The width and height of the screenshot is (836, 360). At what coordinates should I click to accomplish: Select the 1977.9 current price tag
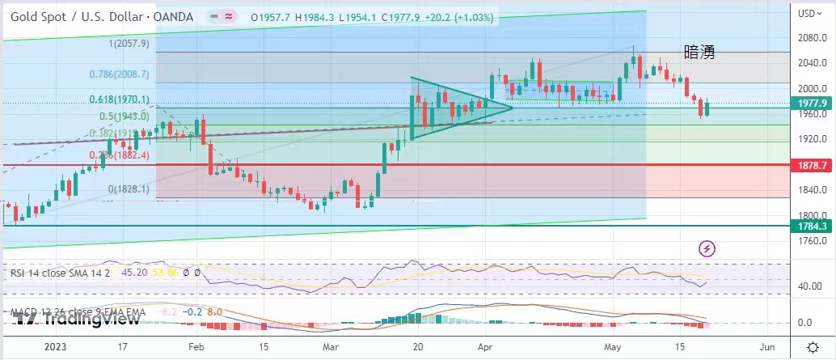[x=812, y=104]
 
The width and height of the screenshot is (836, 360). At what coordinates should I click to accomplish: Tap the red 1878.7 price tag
[x=812, y=164]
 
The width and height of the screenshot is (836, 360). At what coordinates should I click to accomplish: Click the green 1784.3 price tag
[x=812, y=227]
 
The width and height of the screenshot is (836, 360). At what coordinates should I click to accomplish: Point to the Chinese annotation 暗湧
[x=699, y=53]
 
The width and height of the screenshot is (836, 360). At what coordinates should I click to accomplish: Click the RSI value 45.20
[x=133, y=273]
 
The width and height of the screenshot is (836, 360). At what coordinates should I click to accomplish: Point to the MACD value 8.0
[x=216, y=311]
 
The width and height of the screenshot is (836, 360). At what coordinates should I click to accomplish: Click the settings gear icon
[x=813, y=346]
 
